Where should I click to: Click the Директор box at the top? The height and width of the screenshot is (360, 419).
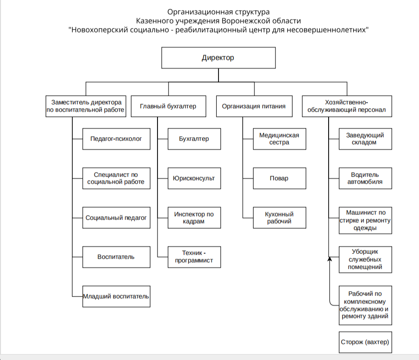pyautogui.click(x=218, y=58)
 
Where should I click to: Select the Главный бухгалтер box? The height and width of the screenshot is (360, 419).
pyautogui.click(x=168, y=106)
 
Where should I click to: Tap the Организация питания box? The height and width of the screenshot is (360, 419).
pyautogui.click(x=254, y=106)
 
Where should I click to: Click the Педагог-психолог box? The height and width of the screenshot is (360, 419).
pyautogui.click(x=116, y=139)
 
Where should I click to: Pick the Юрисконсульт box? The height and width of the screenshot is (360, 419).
pyautogui.click(x=194, y=178)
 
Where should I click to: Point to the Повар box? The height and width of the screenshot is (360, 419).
pyautogui.click(x=279, y=178)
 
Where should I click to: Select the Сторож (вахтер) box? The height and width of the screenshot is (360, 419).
pyautogui.click(x=365, y=342)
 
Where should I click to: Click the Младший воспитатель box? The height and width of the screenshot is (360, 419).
pyautogui.click(x=116, y=296)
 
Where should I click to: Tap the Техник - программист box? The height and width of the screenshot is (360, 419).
pyautogui.click(x=194, y=257)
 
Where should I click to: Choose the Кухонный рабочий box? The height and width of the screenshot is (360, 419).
pyautogui.click(x=279, y=218)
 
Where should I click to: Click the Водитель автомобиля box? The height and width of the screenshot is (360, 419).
pyautogui.click(x=365, y=178)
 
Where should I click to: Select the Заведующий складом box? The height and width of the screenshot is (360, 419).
pyautogui.click(x=365, y=139)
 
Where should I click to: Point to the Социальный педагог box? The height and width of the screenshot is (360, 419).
pyautogui.click(x=116, y=218)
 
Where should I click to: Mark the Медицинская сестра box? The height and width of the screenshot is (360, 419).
pyautogui.click(x=279, y=139)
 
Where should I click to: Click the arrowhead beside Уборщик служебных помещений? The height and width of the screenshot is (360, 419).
pyautogui.click(x=330, y=259)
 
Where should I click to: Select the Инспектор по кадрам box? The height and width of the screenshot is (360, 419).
pyautogui.click(x=194, y=218)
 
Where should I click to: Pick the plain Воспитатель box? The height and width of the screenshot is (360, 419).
pyautogui.click(x=116, y=257)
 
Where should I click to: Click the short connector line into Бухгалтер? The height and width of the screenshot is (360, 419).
pyautogui.click(x=163, y=139)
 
